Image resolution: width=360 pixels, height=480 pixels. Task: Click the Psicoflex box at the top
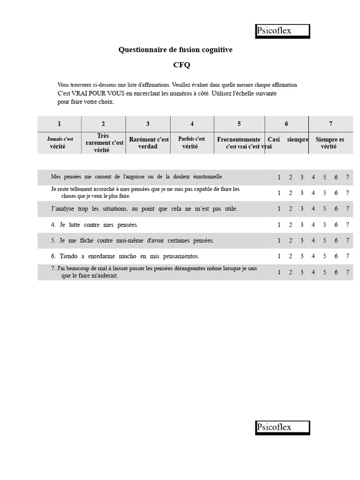pos(283,31)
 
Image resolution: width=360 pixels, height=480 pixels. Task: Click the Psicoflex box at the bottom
pos(283,427)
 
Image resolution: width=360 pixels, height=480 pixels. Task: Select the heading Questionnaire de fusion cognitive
pos(175,50)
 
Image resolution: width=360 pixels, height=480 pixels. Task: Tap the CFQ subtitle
pos(182,65)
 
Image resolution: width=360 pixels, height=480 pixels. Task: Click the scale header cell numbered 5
pos(239,124)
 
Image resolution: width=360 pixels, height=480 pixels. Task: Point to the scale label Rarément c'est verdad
pos(149,142)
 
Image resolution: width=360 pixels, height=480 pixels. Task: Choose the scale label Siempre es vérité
pos(330,142)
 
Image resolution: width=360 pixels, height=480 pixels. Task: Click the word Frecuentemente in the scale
pos(239,139)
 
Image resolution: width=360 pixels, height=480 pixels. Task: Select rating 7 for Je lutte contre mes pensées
pos(347,225)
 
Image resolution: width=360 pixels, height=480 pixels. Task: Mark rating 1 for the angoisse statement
pos(279,177)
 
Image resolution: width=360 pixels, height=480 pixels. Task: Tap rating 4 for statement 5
pos(313,240)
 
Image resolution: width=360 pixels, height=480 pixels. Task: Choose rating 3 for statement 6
pos(302,256)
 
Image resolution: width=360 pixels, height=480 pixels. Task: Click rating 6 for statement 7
pos(336,272)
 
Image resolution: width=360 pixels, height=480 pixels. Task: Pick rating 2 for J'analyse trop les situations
pos(291,209)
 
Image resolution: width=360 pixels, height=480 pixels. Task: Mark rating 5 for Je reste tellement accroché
pos(324,193)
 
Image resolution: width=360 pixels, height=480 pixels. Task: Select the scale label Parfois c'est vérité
pos(191,142)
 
